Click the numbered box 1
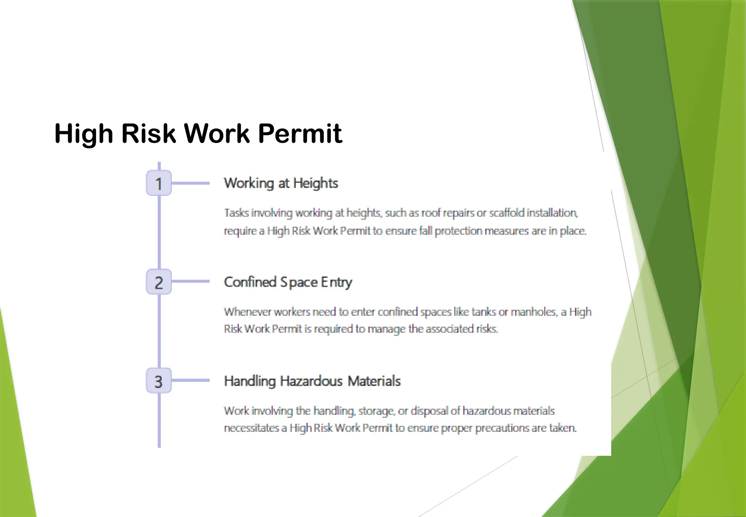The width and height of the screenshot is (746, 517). [159, 183]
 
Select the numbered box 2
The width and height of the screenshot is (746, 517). [159, 282]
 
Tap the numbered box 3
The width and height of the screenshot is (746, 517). [159, 381]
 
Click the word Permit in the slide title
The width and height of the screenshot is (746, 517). [300, 133]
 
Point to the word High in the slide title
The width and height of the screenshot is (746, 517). [84, 133]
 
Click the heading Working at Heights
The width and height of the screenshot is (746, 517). [281, 183]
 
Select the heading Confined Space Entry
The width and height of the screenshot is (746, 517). [288, 282]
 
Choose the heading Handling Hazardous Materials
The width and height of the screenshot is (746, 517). [312, 381]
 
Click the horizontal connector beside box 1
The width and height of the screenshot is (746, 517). [191, 183]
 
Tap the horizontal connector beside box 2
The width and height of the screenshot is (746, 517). [191, 281]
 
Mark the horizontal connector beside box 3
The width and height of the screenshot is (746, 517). [191, 380]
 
